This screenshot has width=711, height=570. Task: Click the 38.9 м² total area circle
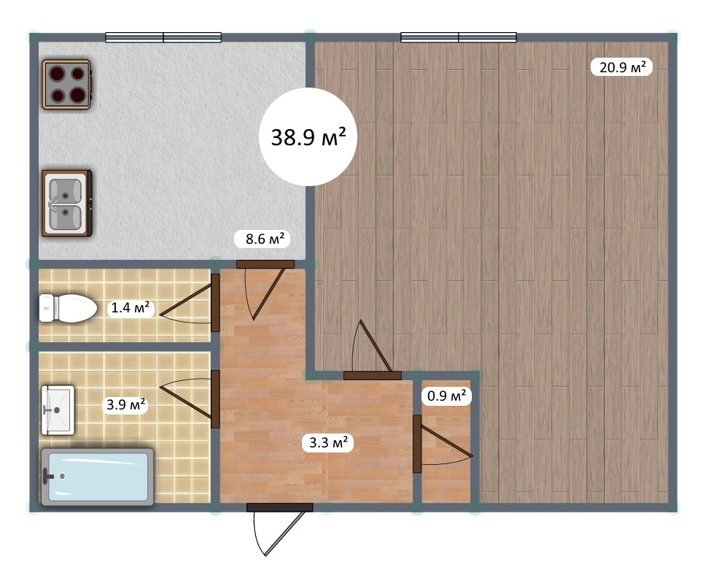pyautogui.click(x=308, y=136)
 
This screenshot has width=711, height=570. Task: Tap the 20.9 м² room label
pyautogui.click(x=622, y=67)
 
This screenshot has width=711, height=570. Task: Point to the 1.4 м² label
pyautogui.click(x=131, y=308)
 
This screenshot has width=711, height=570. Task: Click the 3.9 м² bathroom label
pyautogui.click(x=125, y=404)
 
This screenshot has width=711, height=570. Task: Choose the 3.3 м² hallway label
pyautogui.click(x=328, y=442)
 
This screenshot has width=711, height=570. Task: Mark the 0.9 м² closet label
pyautogui.click(x=446, y=396)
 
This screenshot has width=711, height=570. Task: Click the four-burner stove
pyautogui.click(x=66, y=85)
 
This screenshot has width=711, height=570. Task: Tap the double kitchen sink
pyautogui.click(x=66, y=204)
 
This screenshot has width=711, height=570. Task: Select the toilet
pyautogui.click(x=68, y=308)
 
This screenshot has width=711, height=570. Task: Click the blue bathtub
pyautogui.click(x=98, y=477)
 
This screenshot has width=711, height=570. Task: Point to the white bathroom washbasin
pyautogui.click(x=58, y=409)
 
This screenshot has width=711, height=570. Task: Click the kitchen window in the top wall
pyautogui.click(x=163, y=37)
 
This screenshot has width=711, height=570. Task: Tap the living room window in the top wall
pyautogui.click(x=459, y=37)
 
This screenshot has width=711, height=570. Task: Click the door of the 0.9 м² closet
pyautogui.click(x=442, y=444)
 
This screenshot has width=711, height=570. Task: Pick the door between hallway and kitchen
pyautogui.click(x=265, y=290)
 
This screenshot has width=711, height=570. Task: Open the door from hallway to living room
pyautogui.click(x=373, y=350)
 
